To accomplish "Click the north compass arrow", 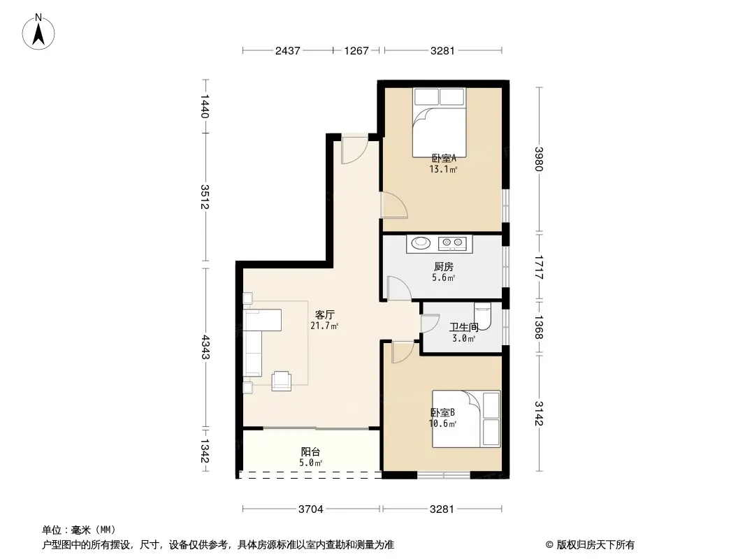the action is tap(38, 34).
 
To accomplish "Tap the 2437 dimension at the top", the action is tap(287, 51).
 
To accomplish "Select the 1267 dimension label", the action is tap(356, 51).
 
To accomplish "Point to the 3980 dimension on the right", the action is tap(538, 159).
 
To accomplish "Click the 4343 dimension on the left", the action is tap(205, 347).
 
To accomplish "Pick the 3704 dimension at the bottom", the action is tap(311, 509).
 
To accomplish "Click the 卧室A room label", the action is tap(444, 158).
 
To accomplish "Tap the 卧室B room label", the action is tap(443, 413).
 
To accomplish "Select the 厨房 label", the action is tap(443, 267).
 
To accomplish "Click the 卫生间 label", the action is tap(464, 327).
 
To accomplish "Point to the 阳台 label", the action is tap(310, 451).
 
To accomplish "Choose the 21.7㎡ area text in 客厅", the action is tap(324, 326).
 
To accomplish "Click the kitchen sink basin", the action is tap(421, 243).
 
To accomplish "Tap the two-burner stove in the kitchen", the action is tap(453, 243).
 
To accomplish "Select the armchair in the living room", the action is tap(281, 381).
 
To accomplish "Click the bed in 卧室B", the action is tap(466, 419).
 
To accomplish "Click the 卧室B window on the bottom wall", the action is tap(444, 474).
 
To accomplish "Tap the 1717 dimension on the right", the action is tap(538, 268).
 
